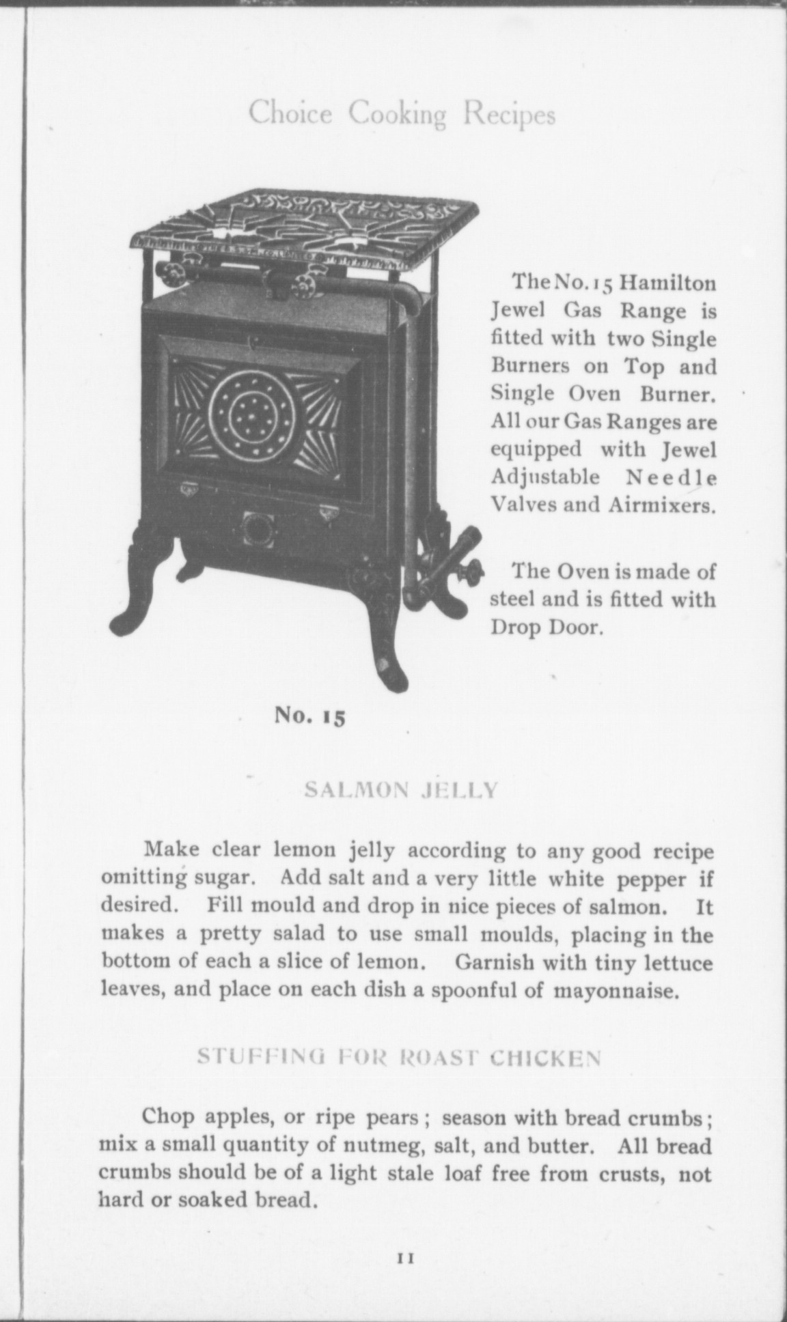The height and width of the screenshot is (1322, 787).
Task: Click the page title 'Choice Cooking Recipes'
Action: point(402,113)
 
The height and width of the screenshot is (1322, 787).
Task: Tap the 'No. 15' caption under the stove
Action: point(311,715)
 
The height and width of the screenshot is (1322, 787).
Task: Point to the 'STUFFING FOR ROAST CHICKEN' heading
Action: point(399,1058)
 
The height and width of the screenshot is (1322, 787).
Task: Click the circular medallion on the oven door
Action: point(250,412)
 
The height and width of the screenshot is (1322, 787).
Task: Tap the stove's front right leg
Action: point(384,635)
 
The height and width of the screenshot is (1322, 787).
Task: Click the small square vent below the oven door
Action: point(258,529)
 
